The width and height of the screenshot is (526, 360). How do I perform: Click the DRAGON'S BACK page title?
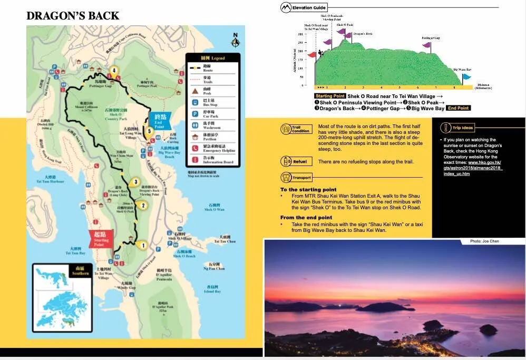[x=73, y=16]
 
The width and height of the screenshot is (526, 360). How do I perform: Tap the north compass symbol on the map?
[x=236, y=40]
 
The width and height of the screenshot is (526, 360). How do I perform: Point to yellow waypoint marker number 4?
[x=113, y=71]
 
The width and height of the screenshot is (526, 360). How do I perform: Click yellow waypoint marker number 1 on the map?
[x=142, y=245]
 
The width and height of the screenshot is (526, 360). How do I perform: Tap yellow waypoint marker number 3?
[x=136, y=182]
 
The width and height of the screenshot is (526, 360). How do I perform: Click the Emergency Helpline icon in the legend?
[x=194, y=148]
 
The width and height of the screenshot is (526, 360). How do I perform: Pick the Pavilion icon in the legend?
[x=194, y=137]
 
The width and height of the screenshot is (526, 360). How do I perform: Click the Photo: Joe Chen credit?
[x=484, y=241]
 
